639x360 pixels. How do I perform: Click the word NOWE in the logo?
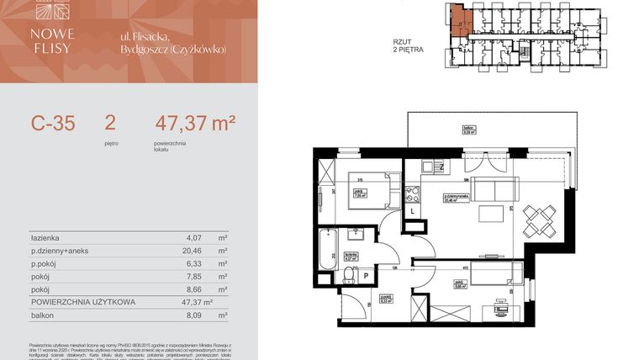pos(57,34)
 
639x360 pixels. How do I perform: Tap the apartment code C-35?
pos(53,124)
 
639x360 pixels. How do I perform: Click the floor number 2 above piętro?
pos(110,124)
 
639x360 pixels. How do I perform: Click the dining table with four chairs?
pos(539,220)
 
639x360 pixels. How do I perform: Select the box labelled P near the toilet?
pos(367,276)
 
